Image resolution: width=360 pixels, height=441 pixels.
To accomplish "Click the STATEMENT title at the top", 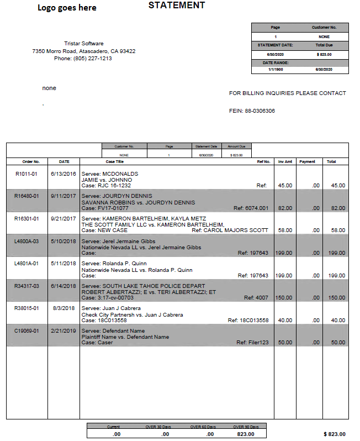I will [177, 6].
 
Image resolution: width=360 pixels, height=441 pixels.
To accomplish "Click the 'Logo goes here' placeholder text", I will [67, 8].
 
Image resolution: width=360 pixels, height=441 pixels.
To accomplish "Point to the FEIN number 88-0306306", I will [260, 111].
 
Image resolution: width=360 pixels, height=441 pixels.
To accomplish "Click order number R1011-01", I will [27, 174].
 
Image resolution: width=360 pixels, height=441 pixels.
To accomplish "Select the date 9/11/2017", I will [63, 196].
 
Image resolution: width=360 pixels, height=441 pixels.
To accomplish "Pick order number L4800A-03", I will [27, 242].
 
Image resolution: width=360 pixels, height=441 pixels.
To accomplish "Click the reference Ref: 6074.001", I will [251, 208].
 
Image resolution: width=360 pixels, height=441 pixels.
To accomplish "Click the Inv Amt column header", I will [284, 162].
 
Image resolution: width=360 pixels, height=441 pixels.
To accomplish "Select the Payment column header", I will [307, 162].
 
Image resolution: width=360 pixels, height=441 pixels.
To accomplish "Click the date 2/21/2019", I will [63, 330].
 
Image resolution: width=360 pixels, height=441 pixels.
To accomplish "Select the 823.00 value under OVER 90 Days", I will [246, 434].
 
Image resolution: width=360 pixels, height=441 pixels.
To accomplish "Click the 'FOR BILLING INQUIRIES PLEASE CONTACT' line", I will [287, 93].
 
